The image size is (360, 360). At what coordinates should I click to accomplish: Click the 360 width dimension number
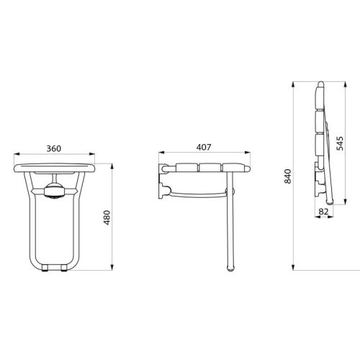pos(53,148)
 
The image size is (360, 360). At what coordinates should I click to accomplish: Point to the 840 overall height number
pos(289,176)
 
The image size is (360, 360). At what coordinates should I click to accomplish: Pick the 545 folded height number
pos(339,143)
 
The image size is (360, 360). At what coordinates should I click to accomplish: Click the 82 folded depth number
pos(324,212)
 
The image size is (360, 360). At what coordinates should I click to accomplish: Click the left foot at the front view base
pos(45,269)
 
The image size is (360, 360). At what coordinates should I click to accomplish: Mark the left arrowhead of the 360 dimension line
pos(15,154)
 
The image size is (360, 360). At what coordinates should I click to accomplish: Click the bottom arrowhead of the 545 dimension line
pos(344,204)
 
